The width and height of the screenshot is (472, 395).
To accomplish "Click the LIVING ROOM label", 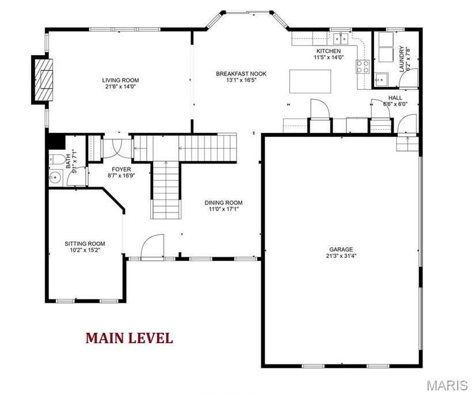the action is (x=120, y=80).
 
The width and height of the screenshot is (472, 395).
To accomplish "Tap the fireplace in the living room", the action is (x=44, y=79).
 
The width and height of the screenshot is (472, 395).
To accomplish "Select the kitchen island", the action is (x=310, y=81).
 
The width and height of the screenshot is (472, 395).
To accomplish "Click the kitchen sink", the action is (x=340, y=39).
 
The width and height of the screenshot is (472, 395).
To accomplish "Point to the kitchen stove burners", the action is (x=363, y=67).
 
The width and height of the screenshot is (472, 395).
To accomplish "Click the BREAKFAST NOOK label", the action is (x=241, y=74).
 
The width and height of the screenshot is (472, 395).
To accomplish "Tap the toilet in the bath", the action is (x=56, y=159).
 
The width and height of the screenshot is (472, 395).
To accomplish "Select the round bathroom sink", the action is (x=55, y=177).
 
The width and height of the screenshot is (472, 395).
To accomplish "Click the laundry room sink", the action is (x=382, y=79).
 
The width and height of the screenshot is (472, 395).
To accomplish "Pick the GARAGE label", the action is (x=341, y=249).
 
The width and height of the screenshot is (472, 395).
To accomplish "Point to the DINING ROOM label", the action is (x=223, y=203).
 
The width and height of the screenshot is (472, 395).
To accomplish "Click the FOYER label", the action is (x=121, y=169).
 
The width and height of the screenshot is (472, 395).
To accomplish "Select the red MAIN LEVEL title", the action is (x=130, y=338).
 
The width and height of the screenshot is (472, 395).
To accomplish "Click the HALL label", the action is (x=395, y=97).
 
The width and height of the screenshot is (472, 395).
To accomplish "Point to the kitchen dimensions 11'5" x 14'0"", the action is (x=329, y=56).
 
